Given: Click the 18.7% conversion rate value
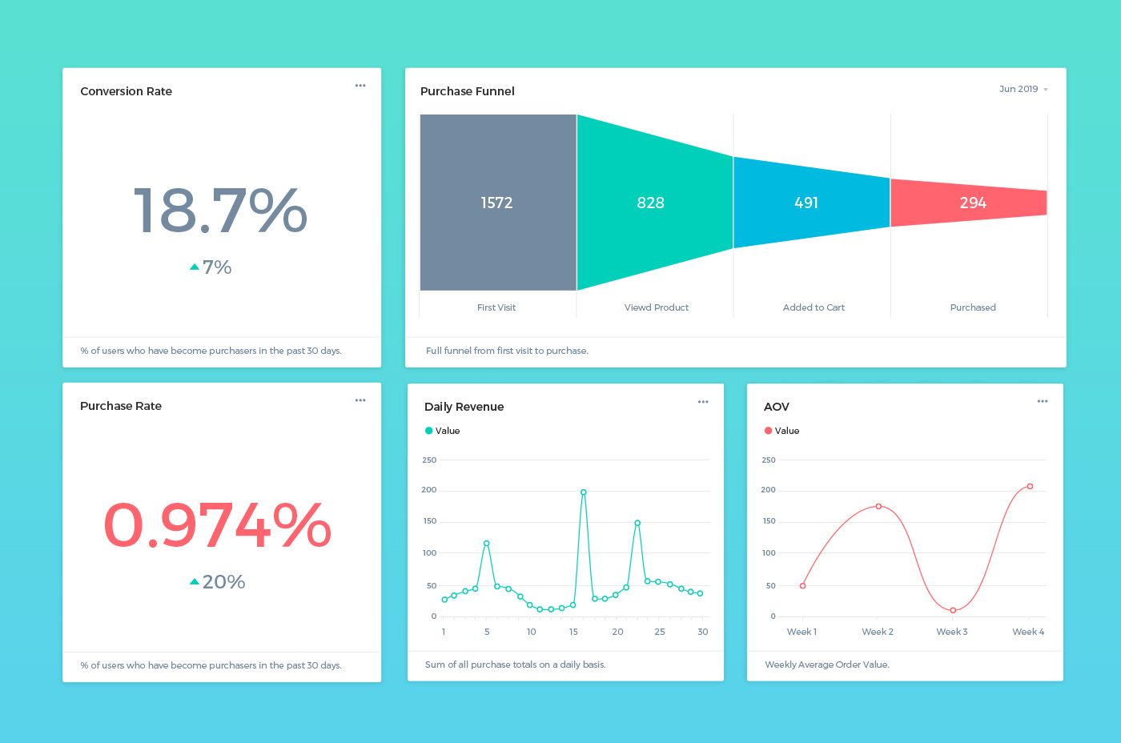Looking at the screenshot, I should (220, 211).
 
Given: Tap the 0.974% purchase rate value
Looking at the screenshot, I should (217, 525).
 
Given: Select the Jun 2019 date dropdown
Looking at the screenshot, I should (1023, 89).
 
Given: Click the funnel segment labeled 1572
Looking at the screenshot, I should (497, 203).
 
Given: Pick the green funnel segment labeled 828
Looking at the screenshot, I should (651, 203).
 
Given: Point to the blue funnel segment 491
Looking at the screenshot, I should (806, 203).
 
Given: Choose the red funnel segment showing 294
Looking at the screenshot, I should (972, 203).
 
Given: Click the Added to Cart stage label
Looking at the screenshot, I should (814, 307).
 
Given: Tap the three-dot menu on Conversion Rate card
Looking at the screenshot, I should (360, 86).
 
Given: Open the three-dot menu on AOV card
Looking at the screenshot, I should (1042, 401).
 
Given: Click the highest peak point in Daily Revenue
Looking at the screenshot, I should (584, 492).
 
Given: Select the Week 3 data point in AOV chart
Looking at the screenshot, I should (953, 610).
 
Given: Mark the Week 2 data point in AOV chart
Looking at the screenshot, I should (878, 506).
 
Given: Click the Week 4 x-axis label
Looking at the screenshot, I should (1027, 632).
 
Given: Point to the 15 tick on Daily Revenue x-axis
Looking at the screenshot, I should (573, 632).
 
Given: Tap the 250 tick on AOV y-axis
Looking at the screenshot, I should (769, 460).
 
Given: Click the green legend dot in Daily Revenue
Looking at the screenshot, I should (429, 431).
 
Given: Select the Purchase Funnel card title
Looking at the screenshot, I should (468, 91).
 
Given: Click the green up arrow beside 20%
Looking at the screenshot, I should (195, 582).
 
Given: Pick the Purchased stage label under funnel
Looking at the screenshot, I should (973, 307).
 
